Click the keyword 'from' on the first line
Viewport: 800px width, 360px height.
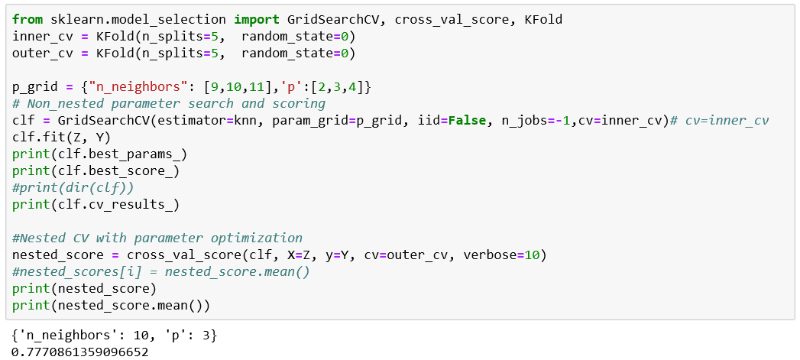28,19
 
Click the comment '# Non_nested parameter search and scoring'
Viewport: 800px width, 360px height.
169,103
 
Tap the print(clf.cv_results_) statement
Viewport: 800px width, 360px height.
96,204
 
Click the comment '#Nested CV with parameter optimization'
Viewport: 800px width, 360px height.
157,238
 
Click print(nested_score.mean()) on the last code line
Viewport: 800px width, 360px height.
111,305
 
